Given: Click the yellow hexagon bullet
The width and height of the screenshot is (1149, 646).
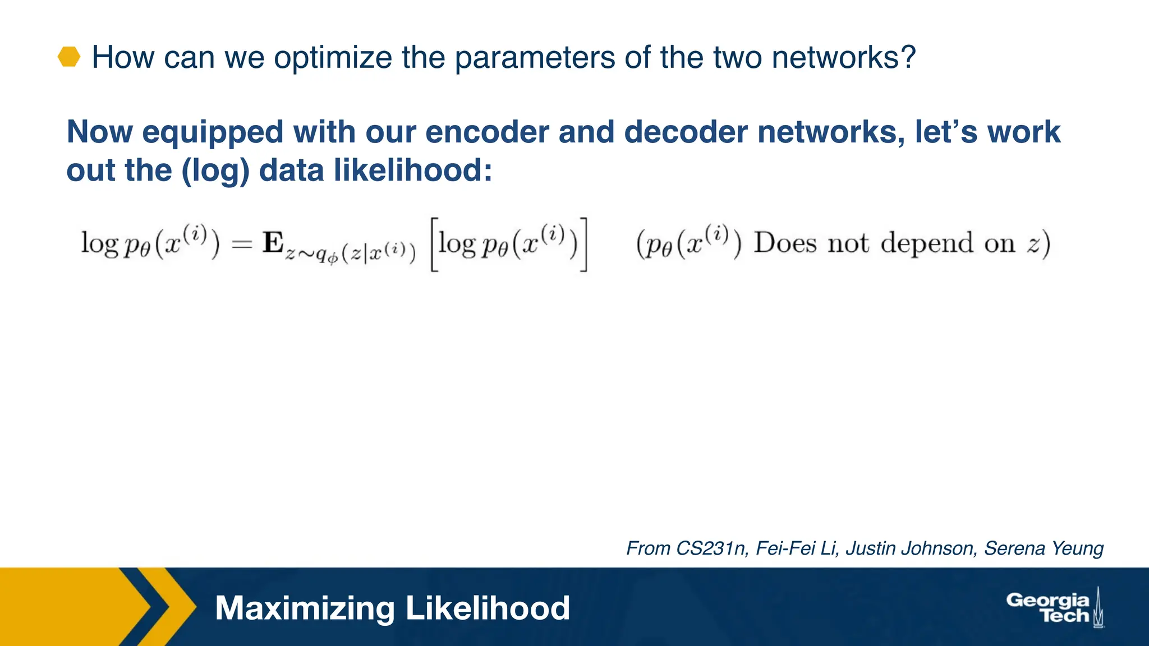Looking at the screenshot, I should (69, 57).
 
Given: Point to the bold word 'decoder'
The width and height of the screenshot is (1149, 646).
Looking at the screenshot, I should (685, 132).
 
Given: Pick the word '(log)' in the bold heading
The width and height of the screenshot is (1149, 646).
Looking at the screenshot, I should (215, 170).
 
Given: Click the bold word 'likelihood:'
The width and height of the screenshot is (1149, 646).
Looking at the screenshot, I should (413, 170).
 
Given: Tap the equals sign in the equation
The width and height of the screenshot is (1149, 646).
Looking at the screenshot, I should (242, 244).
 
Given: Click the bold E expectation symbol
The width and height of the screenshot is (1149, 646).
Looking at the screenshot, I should (273, 243).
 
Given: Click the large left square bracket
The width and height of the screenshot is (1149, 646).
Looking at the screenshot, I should (434, 244).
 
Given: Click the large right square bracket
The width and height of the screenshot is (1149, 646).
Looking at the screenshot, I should (584, 244).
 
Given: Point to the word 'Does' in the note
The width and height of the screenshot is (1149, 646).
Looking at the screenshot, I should (785, 243).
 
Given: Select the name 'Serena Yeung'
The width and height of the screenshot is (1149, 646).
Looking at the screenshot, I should (1044, 548).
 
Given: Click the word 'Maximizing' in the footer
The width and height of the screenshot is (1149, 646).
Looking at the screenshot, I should (305, 608).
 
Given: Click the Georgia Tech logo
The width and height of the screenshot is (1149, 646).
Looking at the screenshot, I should (1055, 608).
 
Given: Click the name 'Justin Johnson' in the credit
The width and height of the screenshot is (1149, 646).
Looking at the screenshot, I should (910, 548).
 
